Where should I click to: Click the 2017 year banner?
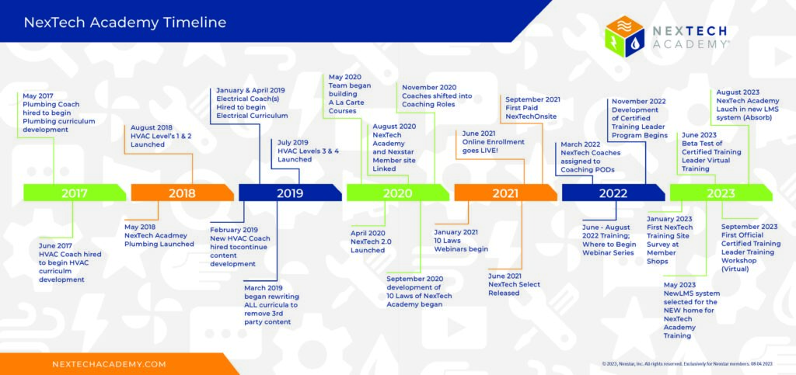coord(75,193)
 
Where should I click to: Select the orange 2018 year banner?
coord(182,193)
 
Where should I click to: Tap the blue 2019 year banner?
coord(290,193)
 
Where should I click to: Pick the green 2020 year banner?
coord(397,193)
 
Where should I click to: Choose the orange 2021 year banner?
coord(505,193)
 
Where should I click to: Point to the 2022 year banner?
coord(613,193)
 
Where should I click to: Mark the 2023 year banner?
coord(721,193)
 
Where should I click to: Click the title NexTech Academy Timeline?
coord(125,23)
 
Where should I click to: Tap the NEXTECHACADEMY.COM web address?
coord(109,364)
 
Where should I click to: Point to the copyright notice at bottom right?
coord(687,363)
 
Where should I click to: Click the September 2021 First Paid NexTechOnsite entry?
coord(531,108)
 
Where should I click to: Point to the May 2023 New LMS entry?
coord(691,310)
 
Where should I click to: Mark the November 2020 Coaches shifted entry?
coord(437,95)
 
